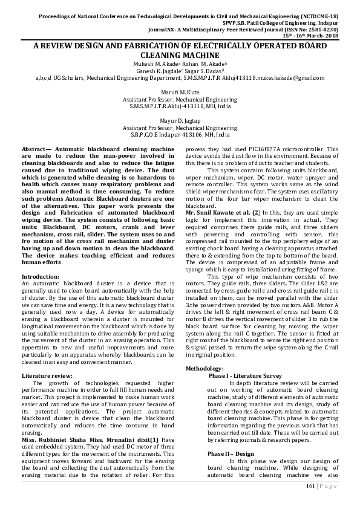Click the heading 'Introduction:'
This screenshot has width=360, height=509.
[40, 276]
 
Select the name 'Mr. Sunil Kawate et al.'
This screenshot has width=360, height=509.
[220, 213]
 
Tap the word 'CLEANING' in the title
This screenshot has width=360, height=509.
[146, 55]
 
